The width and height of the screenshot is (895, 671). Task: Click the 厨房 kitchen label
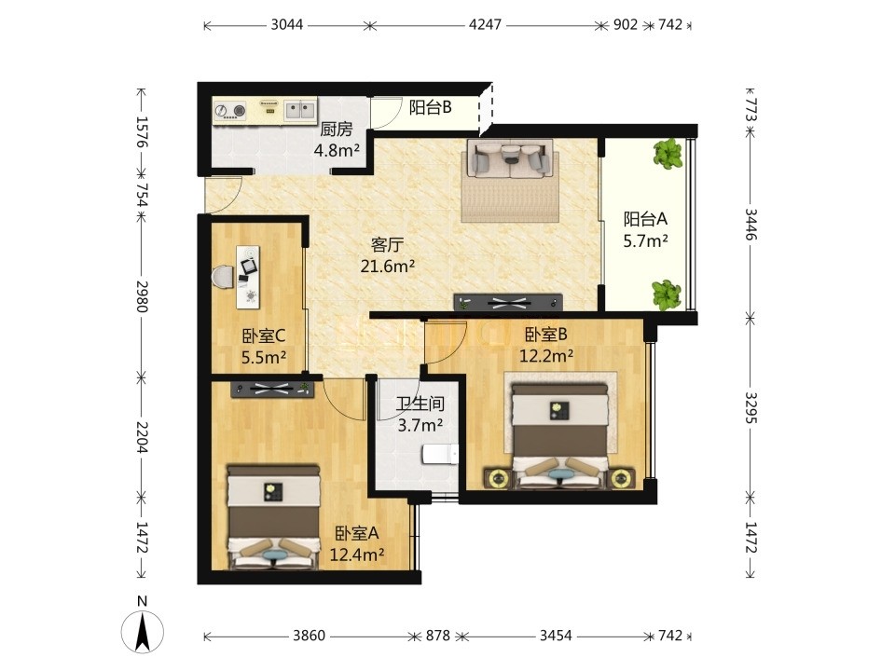coord(337,130)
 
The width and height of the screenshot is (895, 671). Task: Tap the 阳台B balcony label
coord(431,106)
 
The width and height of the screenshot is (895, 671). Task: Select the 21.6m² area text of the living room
coord(388,266)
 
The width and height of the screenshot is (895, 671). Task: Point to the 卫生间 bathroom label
coord(420,404)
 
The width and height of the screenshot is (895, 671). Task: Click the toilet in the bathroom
coord(440,456)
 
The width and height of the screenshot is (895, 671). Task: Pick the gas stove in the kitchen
coord(230,111)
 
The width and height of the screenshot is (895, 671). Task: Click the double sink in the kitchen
coord(300,110)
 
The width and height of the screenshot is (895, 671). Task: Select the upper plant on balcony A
coord(668,154)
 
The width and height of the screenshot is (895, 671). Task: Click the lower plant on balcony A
coord(667,294)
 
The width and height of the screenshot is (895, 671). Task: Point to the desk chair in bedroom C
coord(223,278)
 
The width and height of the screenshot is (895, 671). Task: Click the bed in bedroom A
coord(273,517)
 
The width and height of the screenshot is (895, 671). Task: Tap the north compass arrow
coord(143,632)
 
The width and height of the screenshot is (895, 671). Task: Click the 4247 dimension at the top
coord(485,24)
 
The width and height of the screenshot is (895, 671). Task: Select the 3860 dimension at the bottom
coord(309,635)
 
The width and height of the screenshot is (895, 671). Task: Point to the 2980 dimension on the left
coord(142,296)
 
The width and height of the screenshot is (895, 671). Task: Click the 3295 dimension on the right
coord(750,407)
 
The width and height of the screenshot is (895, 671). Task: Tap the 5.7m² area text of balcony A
coord(645,241)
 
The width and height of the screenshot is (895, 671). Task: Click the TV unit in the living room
coord(508,303)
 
